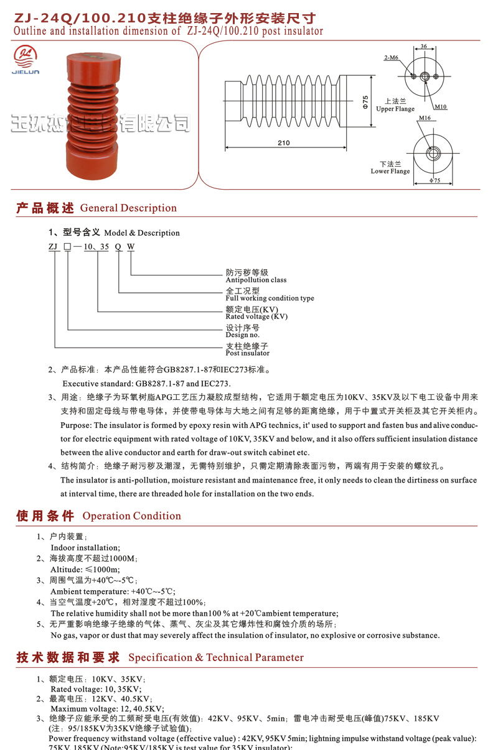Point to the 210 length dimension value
tap(283, 143)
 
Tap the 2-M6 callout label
tap(392, 58)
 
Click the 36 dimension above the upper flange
tap(424, 46)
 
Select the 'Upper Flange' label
tap(395, 109)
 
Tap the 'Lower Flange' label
tap(390, 172)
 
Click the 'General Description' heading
tap(128, 208)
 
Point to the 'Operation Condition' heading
tap(131, 516)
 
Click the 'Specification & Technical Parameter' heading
tap(216, 657)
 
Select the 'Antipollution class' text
tap(256, 280)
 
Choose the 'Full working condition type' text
tap(270, 299)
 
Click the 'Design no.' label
tap(242, 335)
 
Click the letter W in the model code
tap(131, 246)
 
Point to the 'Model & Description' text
tap(142, 233)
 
